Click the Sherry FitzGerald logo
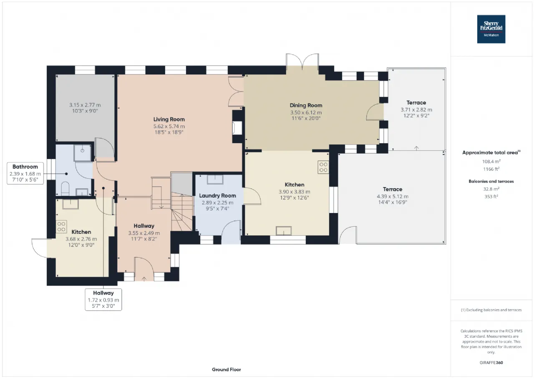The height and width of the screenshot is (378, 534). (491, 29)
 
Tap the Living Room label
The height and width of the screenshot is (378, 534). (169, 119)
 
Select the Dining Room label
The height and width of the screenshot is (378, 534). (306, 105)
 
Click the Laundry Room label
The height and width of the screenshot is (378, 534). (217, 195)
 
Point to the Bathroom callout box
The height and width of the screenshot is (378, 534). (25, 173)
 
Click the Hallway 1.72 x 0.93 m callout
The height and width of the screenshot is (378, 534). (103, 299)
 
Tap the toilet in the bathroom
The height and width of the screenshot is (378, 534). (65, 188)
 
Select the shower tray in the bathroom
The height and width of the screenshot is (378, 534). (83, 153)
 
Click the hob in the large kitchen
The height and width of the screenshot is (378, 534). (323, 167)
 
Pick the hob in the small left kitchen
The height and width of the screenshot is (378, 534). (61, 227)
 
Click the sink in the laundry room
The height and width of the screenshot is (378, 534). (215, 180)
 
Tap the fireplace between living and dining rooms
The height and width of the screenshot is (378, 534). (237, 128)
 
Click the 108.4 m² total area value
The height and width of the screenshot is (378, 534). (491, 162)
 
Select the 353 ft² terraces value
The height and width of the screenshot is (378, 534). (491, 197)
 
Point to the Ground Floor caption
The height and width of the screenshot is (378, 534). (226, 369)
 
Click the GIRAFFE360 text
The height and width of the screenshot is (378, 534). (491, 363)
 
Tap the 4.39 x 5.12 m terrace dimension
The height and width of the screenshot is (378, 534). (393, 196)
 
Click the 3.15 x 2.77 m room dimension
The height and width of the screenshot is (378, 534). (85, 105)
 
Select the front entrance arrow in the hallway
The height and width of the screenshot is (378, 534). (144, 279)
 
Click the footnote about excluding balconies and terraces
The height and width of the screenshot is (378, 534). (491, 310)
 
